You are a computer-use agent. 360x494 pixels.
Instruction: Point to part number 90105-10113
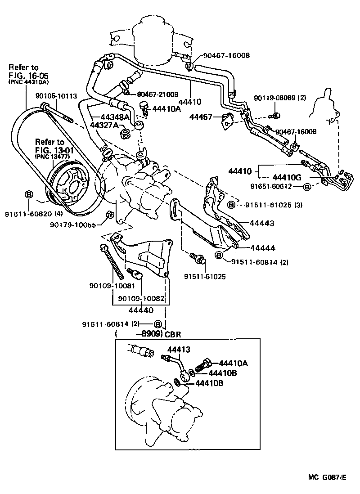pos(56,95)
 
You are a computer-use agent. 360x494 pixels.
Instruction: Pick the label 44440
pos(140,310)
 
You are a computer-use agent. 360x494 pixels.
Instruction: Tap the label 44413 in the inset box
pos(179,349)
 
